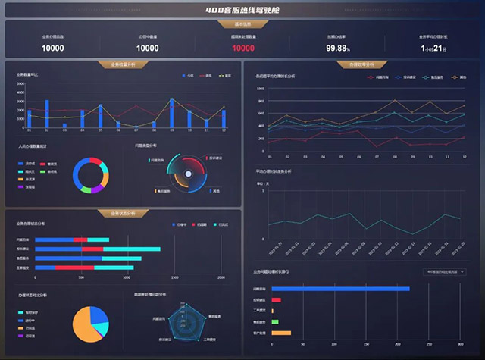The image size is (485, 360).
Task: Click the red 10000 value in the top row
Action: tap(243, 48)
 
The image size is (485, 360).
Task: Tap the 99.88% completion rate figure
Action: tap(338, 48)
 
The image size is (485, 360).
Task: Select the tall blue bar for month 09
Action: tap(172, 113)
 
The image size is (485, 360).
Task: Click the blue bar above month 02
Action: tap(47, 113)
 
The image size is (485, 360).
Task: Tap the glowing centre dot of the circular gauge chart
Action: tap(186, 177)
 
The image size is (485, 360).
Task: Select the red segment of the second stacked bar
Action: tap(92, 249)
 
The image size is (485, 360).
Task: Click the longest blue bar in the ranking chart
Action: tap(340, 289)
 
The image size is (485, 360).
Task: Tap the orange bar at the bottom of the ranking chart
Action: tap(281, 333)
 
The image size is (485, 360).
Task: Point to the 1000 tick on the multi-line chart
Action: tap(261, 89)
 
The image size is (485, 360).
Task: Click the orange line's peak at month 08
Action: tap(395, 100)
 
